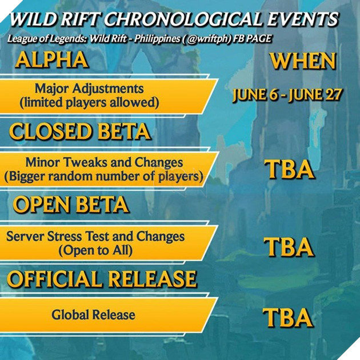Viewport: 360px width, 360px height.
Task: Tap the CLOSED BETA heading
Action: coord(80,132)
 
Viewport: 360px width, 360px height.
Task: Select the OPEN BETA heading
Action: coord(71,205)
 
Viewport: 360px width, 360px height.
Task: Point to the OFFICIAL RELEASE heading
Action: coord(102,278)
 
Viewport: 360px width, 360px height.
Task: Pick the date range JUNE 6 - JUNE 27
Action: coord(287,95)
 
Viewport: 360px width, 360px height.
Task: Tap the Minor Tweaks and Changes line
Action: coord(104,163)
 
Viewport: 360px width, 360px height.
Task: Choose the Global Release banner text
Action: coord(93,314)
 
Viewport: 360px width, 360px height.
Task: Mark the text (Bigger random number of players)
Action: coord(104,177)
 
